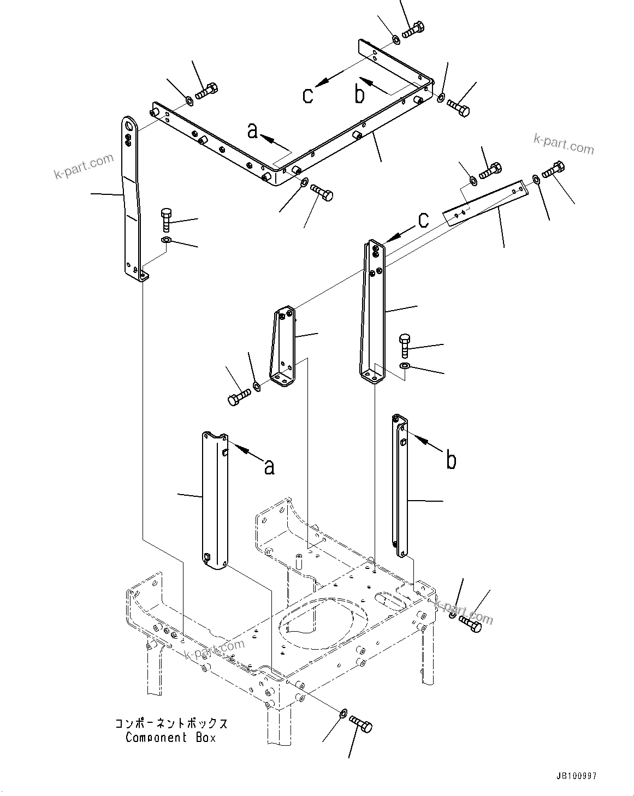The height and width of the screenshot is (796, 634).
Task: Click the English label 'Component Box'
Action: [x=170, y=738]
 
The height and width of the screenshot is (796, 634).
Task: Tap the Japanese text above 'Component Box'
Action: [x=170, y=724]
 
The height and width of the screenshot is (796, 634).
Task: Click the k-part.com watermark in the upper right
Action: [x=564, y=145]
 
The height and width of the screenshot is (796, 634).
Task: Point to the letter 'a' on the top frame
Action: [x=252, y=131]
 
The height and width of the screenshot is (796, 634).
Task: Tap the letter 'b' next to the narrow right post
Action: [x=451, y=460]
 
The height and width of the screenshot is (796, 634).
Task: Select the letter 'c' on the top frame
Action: [x=308, y=95]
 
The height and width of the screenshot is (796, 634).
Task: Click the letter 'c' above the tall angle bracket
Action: [x=423, y=220]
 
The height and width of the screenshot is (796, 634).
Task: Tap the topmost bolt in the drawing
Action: [x=413, y=29]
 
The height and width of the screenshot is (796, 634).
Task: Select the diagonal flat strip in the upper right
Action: [x=485, y=203]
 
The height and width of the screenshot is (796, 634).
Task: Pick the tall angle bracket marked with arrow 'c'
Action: [x=373, y=311]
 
